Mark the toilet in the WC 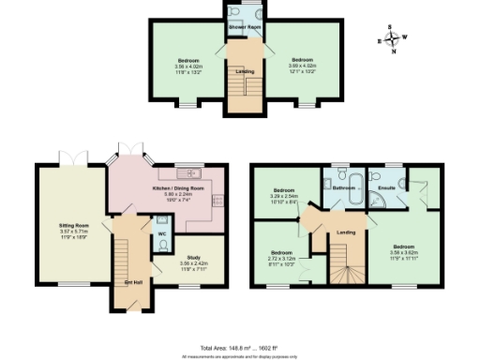point(162,245)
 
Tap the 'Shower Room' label point(243,27)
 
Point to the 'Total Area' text point(240,347)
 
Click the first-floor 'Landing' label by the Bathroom point(346,232)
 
